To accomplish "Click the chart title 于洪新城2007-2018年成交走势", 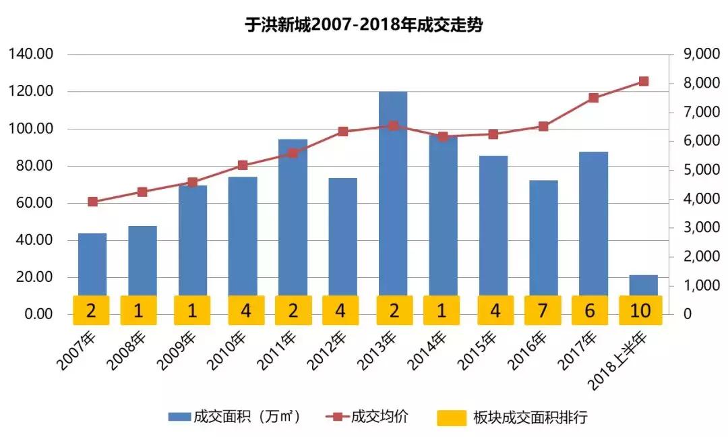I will coord(365,26).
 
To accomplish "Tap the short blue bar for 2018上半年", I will coord(643,285).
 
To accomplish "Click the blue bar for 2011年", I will coord(293,216).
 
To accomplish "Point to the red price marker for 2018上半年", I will coord(643,82).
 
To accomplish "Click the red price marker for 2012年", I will coord(342,132).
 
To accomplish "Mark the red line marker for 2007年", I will coord(92,202).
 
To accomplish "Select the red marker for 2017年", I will coord(593,98).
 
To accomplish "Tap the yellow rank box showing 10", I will coord(641,310).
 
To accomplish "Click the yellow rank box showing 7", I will coord(543,310).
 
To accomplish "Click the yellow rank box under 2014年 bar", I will coord(443,310).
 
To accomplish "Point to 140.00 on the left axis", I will coord(31,55).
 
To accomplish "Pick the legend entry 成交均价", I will coord(367,417).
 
